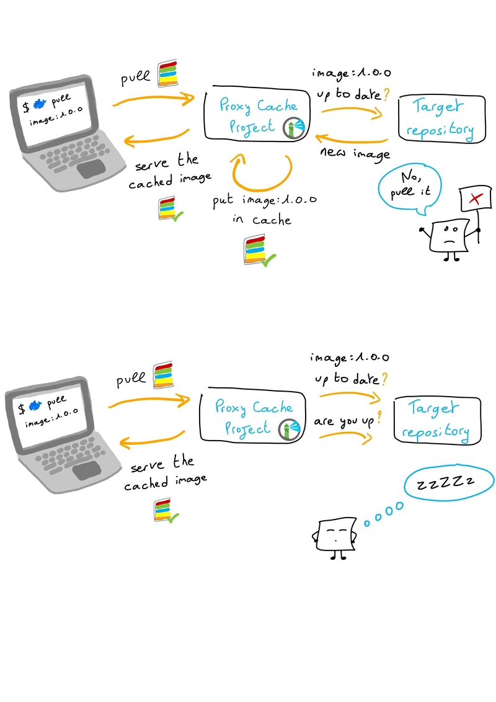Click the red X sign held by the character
point(476,199)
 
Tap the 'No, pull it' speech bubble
point(410,188)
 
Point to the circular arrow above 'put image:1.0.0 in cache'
point(262,189)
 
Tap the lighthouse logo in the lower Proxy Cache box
point(289,430)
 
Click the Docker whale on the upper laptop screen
point(39,104)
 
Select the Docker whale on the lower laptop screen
point(35,405)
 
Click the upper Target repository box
point(442,119)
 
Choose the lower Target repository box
point(438,420)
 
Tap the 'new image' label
point(355,153)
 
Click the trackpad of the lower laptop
point(87,470)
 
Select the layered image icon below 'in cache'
point(259,251)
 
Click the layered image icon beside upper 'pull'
point(168,73)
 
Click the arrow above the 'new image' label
point(351,140)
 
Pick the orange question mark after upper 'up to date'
point(386,94)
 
